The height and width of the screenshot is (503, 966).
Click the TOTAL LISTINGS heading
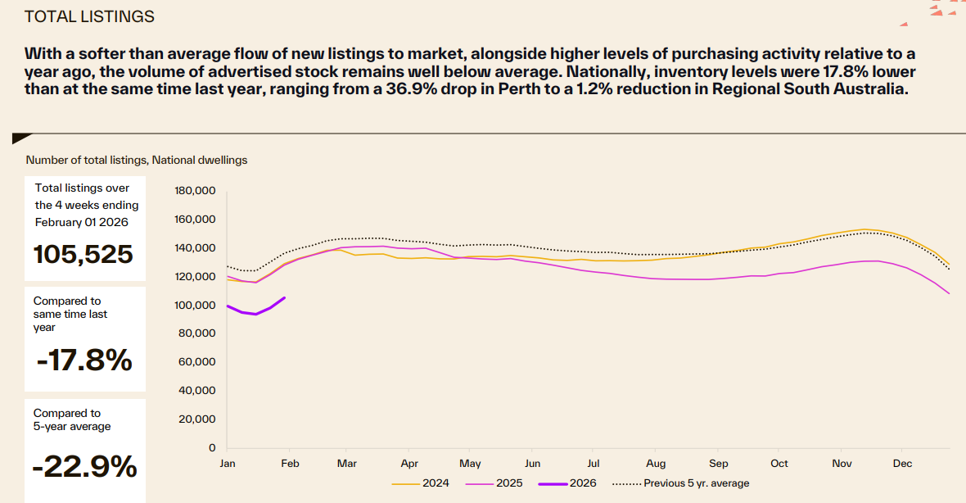[x=89, y=16]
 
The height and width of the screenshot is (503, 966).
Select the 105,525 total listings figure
[x=83, y=254]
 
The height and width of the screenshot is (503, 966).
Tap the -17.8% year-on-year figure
[x=84, y=360]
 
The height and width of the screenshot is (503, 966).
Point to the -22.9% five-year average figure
[x=84, y=466]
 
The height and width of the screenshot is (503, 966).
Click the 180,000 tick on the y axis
[x=195, y=191]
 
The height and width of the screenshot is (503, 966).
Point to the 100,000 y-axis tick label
[x=195, y=305]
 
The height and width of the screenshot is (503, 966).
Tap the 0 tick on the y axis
[x=211, y=447]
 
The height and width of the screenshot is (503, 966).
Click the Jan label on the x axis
[x=228, y=464]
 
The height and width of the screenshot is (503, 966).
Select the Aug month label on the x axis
[x=655, y=464]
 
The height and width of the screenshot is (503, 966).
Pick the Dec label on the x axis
[x=901, y=464]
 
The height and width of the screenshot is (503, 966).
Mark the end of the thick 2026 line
[x=284, y=297]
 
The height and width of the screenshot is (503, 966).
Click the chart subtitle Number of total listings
[x=137, y=161]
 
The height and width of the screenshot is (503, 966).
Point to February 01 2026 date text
[x=81, y=222]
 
